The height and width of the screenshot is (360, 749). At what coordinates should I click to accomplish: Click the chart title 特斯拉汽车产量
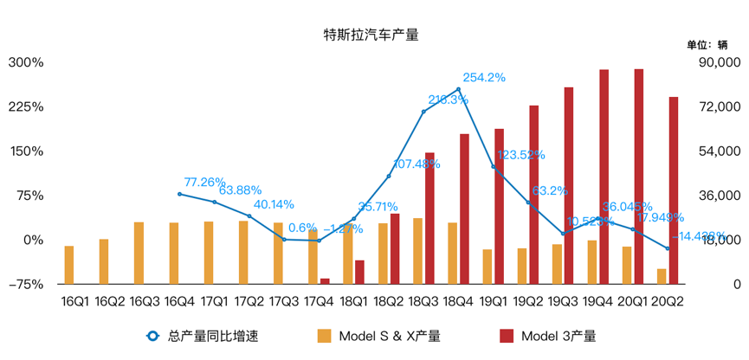pyautogui.click(x=371, y=35)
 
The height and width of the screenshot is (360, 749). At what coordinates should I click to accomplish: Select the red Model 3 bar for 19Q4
pyautogui.click(x=604, y=177)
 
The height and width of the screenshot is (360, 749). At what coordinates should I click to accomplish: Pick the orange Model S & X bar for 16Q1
pyautogui.click(x=69, y=265)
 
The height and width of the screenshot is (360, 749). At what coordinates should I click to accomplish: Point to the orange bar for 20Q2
pyautogui.click(x=662, y=276)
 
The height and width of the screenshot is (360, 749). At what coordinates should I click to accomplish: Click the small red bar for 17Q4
pyautogui.click(x=325, y=280)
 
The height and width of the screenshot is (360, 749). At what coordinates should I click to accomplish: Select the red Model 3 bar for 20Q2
pyautogui.click(x=674, y=190)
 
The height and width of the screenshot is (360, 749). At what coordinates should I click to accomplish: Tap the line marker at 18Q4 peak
pyautogui.click(x=458, y=89)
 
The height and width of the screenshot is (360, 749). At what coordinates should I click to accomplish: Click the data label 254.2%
pyautogui.click(x=485, y=77)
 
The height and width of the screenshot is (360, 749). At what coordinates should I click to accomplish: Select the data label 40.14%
pyautogui.click(x=274, y=205)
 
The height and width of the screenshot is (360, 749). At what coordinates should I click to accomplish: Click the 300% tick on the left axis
pyautogui.click(x=26, y=62)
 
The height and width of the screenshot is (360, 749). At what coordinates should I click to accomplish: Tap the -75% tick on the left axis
pyautogui.click(x=26, y=284)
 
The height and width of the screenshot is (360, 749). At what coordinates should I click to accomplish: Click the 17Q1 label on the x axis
pyautogui.click(x=215, y=302)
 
